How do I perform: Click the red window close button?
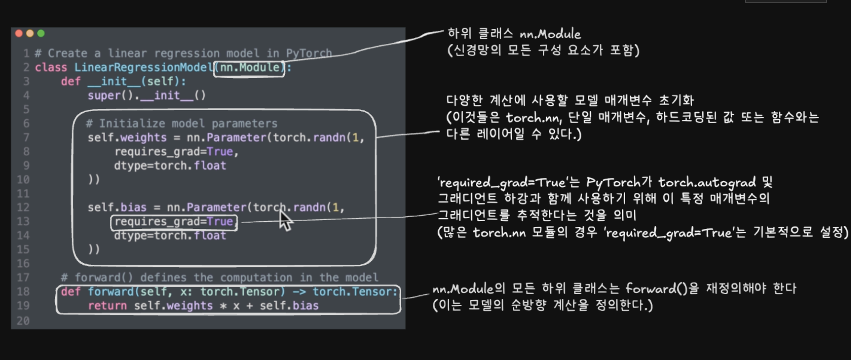19,34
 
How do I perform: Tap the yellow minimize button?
30,34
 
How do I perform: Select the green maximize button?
41,34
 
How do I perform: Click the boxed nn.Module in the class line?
249,68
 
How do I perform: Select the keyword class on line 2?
51,68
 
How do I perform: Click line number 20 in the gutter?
23,321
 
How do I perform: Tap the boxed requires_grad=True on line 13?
174,222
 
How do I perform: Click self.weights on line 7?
127,138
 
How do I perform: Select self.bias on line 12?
117,208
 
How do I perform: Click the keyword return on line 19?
107,306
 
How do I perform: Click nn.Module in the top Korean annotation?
550,34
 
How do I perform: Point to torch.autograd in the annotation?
707,183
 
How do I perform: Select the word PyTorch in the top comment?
309,53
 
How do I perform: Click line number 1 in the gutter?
26,53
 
